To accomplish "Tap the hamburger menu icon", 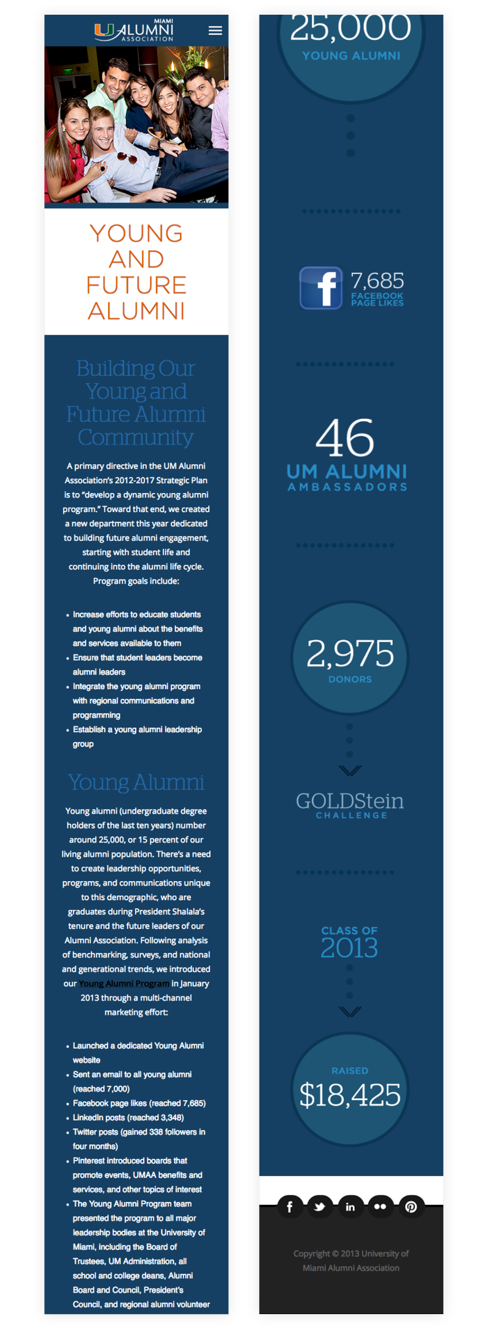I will point(215,31).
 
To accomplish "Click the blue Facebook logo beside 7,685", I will point(320,288).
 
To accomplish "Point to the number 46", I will point(344,438).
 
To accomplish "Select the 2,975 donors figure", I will point(350,654).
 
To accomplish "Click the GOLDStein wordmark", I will point(350,801).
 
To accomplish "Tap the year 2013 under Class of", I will point(349,948).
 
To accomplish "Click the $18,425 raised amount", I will point(350,1095).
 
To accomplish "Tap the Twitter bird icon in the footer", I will point(319,1207).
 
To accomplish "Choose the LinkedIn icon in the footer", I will point(350,1207).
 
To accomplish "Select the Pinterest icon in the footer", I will point(411,1207).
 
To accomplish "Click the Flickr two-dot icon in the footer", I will point(380,1207).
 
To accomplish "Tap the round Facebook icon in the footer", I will point(290,1207).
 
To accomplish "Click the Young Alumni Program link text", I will point(124,984).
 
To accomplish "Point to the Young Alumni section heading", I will point(136,782).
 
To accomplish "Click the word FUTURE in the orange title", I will point(136,285).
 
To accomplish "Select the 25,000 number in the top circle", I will point(351,28).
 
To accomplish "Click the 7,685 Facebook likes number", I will point(377,281).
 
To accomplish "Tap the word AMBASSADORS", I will point(347,487).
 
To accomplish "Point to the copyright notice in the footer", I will point(351,1261).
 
